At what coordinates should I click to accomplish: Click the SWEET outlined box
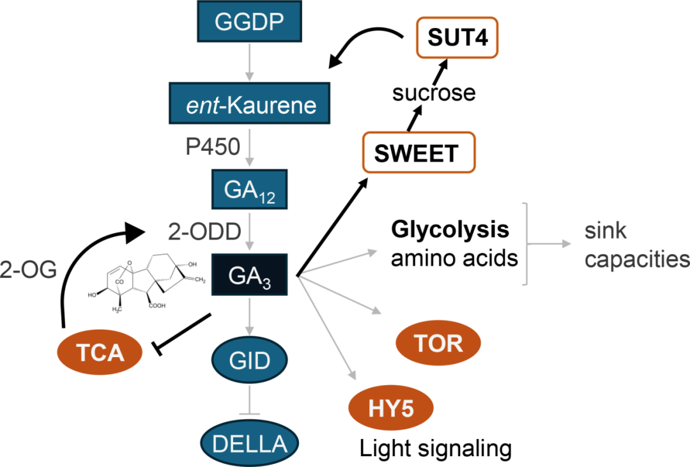coord(418,153)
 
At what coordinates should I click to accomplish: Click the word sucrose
coord(434,93)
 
